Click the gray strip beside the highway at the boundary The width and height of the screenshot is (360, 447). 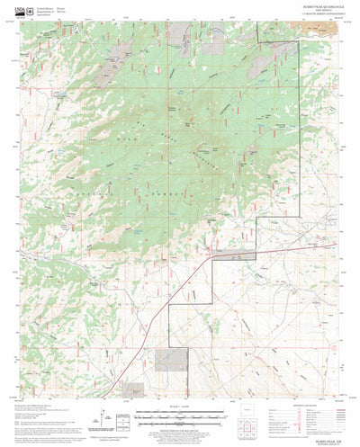[236, 257]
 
